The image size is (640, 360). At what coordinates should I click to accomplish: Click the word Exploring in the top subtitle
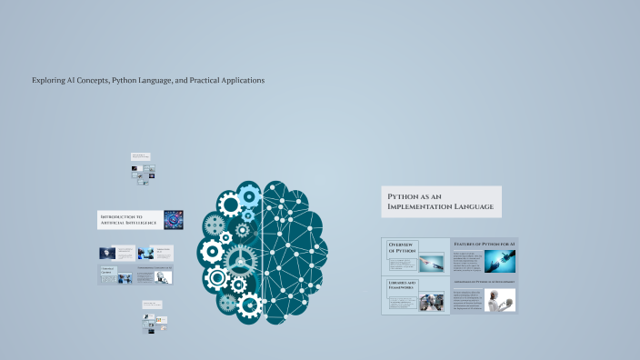click(x=48, y=80)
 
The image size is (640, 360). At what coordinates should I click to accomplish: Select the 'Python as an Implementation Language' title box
click(x=441, y=202)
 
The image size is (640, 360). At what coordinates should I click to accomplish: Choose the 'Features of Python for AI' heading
click(x=484, y=245)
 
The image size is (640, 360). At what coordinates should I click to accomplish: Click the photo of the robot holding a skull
click(x=500, y=301)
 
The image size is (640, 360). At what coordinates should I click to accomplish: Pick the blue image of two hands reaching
click(x=500, y=262)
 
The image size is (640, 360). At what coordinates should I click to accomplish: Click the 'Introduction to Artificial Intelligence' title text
click(x=128, y=219)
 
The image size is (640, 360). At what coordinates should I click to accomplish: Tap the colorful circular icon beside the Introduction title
click(x=173, y=219)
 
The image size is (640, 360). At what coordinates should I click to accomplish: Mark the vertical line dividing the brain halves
click(x=263, y=250)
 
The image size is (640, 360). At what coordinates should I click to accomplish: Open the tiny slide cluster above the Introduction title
click(x=142, y=168)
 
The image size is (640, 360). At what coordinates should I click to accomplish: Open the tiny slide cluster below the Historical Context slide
click(x=152, y=316)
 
